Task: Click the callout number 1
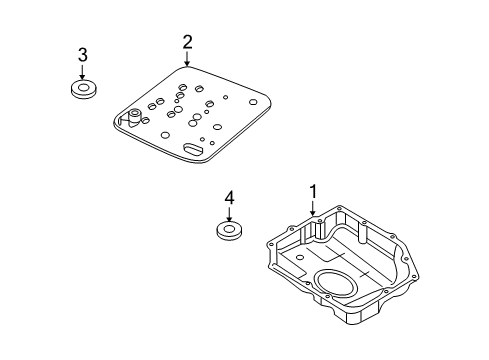coord(313,189)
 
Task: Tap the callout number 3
coord(82,54)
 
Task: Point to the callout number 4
coord(229,199)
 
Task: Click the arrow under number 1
coord(313,207)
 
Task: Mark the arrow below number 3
coord(82,73)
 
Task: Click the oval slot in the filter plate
coord(193,150)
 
